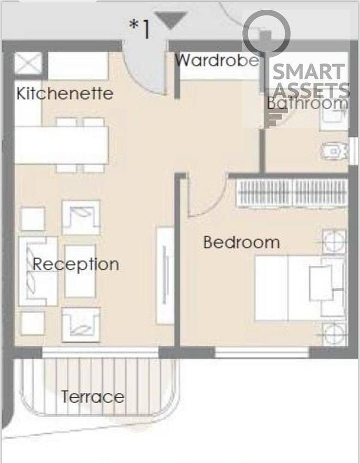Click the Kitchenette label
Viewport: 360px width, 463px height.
point(65,93)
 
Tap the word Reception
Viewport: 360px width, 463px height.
point(75,264)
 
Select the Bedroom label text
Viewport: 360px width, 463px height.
point(241,242)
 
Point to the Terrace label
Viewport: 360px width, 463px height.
point(93,396)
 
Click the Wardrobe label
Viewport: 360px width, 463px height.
point(217,60)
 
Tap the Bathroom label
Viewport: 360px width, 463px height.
point(307,103)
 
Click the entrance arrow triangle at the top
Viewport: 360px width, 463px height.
point(171,20)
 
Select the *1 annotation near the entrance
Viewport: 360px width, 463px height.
point(139,29)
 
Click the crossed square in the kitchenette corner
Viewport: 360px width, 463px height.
point(28,63)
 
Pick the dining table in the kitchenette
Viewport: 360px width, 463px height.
point(61,145)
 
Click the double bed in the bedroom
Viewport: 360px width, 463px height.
point(300,288)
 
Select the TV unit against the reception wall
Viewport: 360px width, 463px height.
point(165,275)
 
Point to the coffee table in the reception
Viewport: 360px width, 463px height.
point(80,271)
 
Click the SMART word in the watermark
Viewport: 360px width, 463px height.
point(308,72)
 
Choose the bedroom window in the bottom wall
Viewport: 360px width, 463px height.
point(262,352)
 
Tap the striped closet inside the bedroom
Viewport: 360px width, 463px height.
point(292,194)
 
